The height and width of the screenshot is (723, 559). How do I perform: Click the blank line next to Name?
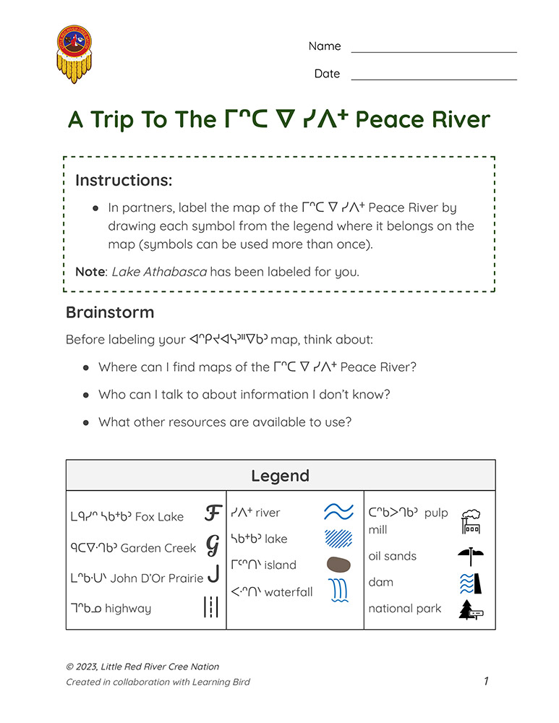click(434, 52)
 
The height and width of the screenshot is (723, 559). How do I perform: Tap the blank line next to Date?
click(434, 79)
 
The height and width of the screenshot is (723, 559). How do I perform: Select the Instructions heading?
click(124, 179)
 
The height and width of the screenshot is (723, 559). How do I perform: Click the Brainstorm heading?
click(109, 312)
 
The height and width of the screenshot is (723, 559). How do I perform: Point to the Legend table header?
click(280, 475)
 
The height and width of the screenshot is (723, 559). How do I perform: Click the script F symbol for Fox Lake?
click(212, 514)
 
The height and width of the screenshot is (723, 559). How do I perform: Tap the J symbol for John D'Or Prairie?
click(213, 575)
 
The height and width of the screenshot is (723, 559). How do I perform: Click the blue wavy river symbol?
click(338, 512)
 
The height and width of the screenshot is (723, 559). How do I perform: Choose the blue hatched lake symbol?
click(338, 539)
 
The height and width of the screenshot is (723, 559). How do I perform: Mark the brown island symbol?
click(338, 565)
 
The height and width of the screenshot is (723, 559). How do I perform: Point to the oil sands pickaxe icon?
click(470, 556)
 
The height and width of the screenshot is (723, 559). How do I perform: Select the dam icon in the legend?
click(470, 583)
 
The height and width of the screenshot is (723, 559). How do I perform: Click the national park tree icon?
click(470, 609)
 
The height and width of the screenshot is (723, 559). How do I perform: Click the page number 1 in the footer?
click(487, 681)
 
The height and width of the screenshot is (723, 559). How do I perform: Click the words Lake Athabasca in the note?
click(159, 272)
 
